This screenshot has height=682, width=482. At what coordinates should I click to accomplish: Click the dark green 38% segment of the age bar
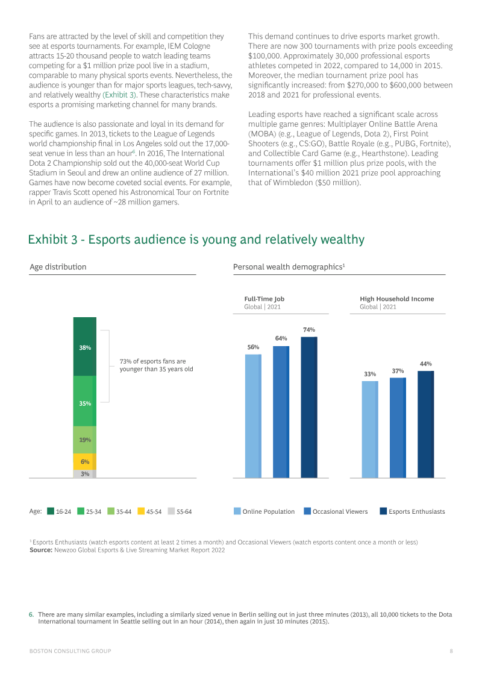tap(85, 347)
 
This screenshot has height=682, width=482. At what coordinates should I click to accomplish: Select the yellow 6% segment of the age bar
tap(85, 461)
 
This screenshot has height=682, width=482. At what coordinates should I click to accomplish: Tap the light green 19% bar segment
tap(85, 440)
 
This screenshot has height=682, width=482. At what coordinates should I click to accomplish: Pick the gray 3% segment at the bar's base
tap(85, 473)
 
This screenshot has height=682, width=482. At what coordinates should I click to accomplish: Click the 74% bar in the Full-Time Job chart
tap(309, 407)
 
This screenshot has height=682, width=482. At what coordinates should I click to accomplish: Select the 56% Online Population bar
tap(254, 416)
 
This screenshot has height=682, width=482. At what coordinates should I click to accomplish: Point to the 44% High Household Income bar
tap(426, 424)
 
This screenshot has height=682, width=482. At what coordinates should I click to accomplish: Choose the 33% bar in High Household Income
tap(370, 429)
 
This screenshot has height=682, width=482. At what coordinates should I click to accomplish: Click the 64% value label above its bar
tap(281, 338)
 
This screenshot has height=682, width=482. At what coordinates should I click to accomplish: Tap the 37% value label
tap(398, 371)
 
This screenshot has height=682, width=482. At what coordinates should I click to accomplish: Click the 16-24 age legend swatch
tap(51, 511)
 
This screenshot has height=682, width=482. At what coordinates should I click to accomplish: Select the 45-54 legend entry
tap(149, 511)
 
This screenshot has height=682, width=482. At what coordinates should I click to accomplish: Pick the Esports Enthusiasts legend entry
tap(413, 511)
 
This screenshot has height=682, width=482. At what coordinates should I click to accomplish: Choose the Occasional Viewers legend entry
tap(336, 511)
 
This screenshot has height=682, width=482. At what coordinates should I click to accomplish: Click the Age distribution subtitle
tap(58, 267)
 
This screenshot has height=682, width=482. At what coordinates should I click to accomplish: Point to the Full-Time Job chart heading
tap(264, 299)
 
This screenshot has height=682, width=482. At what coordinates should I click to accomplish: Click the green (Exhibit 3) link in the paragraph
tap(119, 95)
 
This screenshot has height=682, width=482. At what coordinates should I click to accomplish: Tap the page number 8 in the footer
tap(451, 651)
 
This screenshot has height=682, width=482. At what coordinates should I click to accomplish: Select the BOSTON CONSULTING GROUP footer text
tap(70, 651)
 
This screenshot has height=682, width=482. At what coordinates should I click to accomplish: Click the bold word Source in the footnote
tap(41, 550)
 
